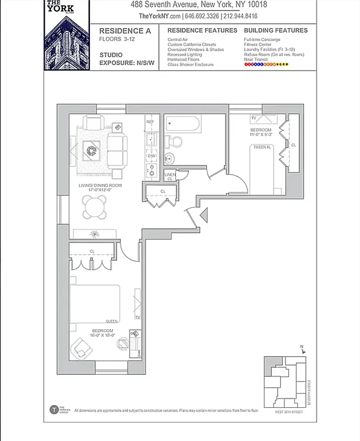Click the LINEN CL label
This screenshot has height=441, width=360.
(170, 176)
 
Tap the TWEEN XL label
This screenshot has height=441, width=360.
(261, 147)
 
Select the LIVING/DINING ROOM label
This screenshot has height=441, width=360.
(100, 188)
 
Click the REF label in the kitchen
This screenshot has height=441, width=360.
(149, 121)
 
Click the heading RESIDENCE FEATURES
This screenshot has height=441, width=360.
(202, 30)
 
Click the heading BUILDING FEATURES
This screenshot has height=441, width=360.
(276, 30)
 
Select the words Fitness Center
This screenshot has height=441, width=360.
(258, 45)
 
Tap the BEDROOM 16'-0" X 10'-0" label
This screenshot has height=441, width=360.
(103, 332)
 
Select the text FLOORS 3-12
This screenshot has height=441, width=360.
(116, 39)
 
